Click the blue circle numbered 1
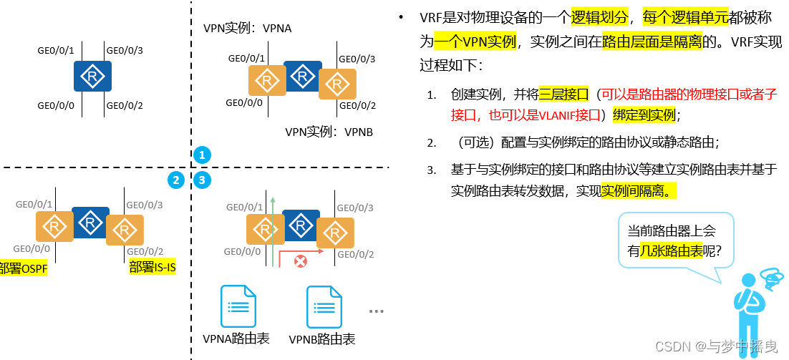pos(202,155)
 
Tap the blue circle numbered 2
pos(175,180)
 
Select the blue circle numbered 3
pos(202,180)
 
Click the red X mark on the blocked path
pos(301,261)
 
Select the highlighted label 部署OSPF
pos(23,268)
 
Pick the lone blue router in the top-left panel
pos(92,77)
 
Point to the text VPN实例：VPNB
pos(329,132)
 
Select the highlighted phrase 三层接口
pos(563,94)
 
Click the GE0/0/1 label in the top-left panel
pos(55,51)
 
